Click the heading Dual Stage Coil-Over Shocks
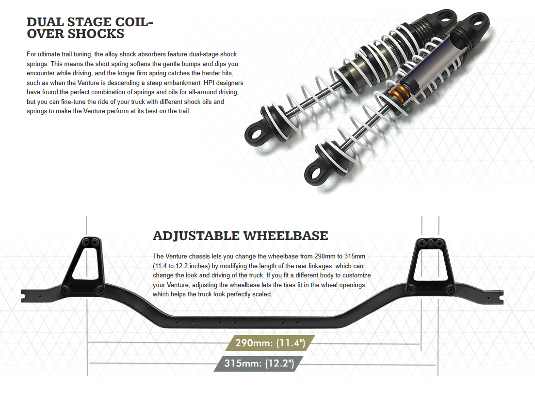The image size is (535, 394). [86, 28]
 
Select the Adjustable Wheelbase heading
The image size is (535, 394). [240, 236]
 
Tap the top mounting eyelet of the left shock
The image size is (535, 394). [444, 18]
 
